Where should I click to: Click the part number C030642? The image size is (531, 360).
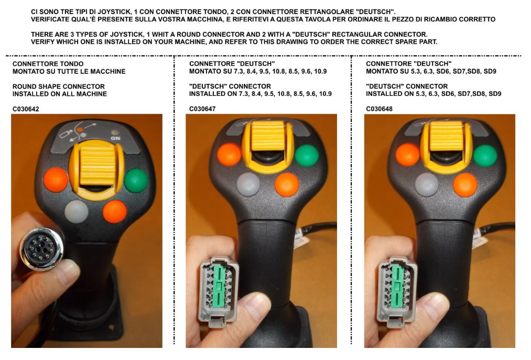26,109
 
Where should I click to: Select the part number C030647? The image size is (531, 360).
202,108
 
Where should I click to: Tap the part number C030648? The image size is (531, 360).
380,108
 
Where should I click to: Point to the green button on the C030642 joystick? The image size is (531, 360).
136,180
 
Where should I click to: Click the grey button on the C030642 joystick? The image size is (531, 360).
77,212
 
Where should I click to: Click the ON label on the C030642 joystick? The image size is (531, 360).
115,138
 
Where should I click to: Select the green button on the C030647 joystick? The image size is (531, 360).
307,155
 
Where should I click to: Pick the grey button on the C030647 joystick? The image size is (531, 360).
248,184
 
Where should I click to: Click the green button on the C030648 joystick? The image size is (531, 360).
485,155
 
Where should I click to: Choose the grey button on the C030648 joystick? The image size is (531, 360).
427,184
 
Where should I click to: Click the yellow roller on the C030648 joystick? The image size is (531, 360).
447,136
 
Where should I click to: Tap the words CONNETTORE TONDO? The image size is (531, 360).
48,64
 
